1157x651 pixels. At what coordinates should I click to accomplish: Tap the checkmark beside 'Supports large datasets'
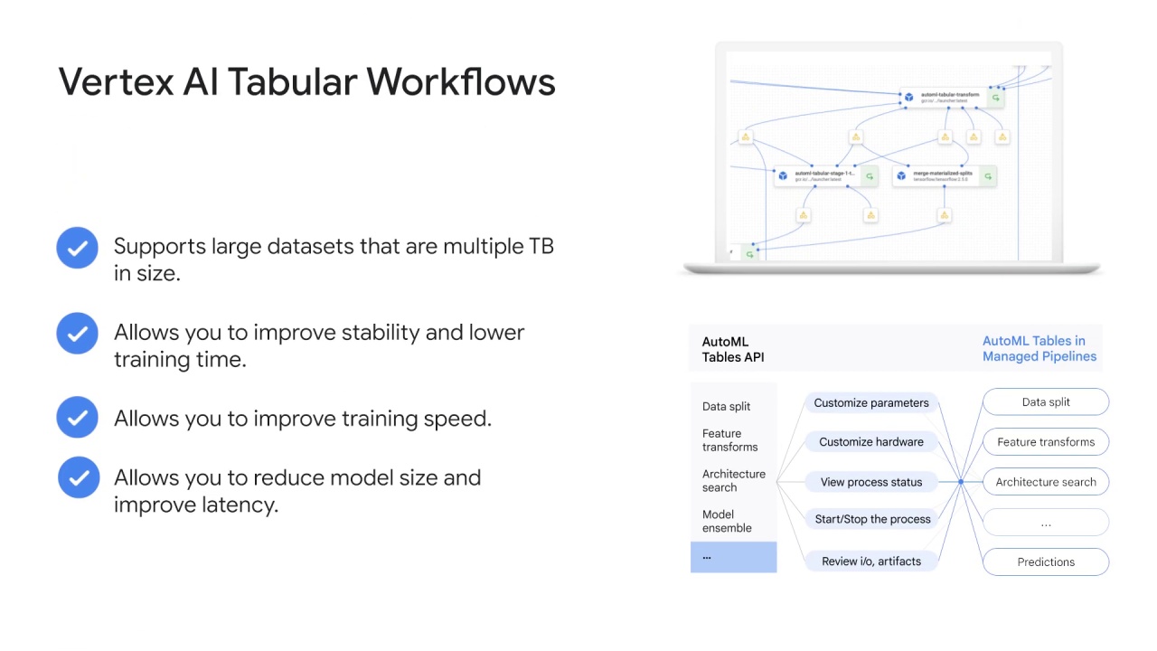(78, 248)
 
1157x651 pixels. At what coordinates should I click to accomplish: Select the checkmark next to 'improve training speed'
(78, 417)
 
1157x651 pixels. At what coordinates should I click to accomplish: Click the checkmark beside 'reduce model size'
(79, 476)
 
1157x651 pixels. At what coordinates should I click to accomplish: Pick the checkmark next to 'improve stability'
(78, 334)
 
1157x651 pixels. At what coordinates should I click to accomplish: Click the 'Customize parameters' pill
(870, 403)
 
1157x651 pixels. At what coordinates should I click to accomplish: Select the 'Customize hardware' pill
(870, 442)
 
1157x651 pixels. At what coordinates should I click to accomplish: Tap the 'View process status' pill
(870, 482)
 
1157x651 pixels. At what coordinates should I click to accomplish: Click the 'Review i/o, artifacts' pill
(870, 561)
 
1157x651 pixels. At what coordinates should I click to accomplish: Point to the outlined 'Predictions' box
(1046, 561)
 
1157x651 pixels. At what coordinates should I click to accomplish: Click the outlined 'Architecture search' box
(1046, 482)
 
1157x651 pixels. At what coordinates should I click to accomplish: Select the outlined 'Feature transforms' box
(1046, 442)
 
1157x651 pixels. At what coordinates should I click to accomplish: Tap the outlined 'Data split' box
(1046, 402)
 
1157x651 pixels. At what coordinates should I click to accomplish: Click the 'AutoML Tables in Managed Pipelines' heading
(1039, 349)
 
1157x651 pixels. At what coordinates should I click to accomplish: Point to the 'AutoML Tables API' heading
(733, 350)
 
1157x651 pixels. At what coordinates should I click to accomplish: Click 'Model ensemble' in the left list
(727, 521)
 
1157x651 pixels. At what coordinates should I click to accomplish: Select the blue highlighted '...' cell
(733, 557)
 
